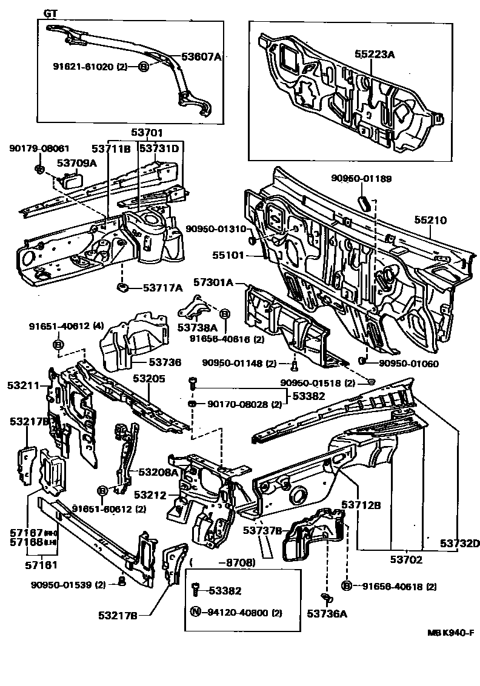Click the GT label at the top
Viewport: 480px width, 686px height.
(51, 13)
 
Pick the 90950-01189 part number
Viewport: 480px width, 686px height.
(361, 178)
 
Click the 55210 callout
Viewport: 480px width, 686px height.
(430, 221)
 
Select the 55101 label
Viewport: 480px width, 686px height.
(227, 256)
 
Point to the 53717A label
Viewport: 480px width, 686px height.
(163, 288)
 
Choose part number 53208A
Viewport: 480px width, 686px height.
(158, 472)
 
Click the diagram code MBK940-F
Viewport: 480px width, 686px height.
(450, 633)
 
